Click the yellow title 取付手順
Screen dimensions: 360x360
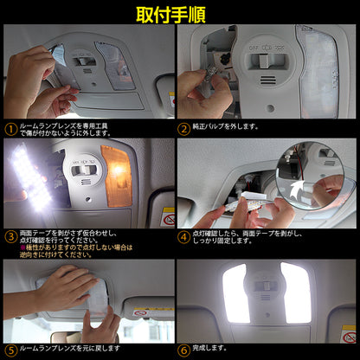point(179,15)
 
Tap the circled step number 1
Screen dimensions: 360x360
point(10,130)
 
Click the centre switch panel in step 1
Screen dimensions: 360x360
point(84,60)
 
